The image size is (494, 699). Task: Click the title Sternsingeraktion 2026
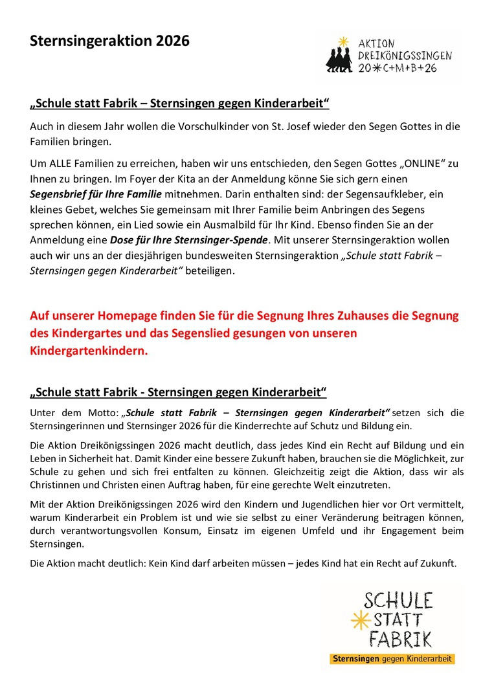click(109, 41)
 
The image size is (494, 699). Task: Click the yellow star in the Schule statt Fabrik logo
click(357, 621)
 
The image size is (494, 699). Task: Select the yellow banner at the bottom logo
click(392, 659)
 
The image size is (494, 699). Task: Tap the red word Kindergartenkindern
click(89, 351)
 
